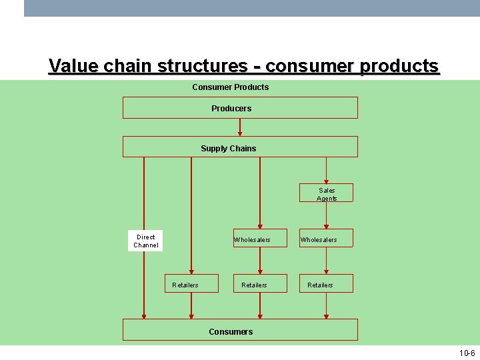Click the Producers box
pyautogui.click(x=240, y=108)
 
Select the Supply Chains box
pyautogui.click(x=240, y=147)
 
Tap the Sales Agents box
pyautogui.click(x=327, y=193)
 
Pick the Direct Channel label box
pyautogui.click(x=145, y=241)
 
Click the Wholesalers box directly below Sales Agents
pyautogui.click(x=326, y=239)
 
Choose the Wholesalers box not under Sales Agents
pyautogui.click(x=259, y=239)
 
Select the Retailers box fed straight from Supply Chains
pyautogui.click(x=191, y=284)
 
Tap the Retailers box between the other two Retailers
pyautogui.click(x=259, y=284)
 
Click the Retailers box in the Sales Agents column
pyautogui.click(x=326, y=284)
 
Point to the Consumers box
pyautogui.click(x=240, y=330)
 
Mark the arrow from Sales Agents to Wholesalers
pyautogui.click(x=326, y=216)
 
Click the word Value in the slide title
pyautogui.click(x=73, y=67)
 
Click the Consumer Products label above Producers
pyautogui.click(x=231, y=87)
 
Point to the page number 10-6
pyautogui.click(x=467, y=353)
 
